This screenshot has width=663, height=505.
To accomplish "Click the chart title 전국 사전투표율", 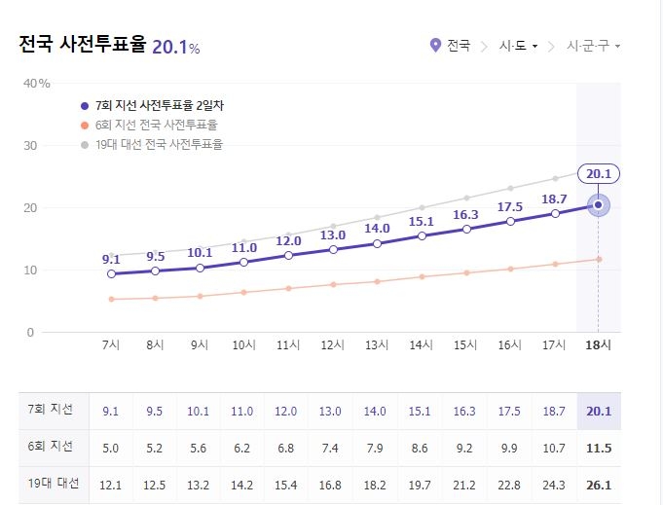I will point(83,45).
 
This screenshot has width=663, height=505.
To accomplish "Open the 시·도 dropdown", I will point(518,46).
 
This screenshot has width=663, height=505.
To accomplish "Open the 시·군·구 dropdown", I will point(593,46).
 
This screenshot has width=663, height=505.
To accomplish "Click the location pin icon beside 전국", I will point(435,46).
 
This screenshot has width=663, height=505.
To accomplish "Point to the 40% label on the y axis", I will point(37,83).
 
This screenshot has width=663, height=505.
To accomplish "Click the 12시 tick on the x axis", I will point(333,345).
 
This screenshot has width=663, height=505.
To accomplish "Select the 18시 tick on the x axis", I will point(598,345).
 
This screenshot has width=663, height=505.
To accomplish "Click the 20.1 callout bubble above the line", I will point(598,174).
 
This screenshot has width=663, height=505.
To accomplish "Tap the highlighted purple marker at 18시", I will point(598,205).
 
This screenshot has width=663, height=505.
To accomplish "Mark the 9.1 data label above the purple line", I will point(111,259).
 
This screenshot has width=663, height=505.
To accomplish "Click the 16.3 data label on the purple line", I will point(465,214).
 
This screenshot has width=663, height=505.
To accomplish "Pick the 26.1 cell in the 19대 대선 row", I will point(598,485).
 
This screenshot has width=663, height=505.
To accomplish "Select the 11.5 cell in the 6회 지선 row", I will point(598,448).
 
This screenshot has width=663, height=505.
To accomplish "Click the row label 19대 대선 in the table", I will point(53,484).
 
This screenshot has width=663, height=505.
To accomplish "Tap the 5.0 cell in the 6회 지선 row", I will point(111,448).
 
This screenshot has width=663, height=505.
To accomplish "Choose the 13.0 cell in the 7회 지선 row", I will point(332,412).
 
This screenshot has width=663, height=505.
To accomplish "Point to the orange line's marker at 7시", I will point(112,299).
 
